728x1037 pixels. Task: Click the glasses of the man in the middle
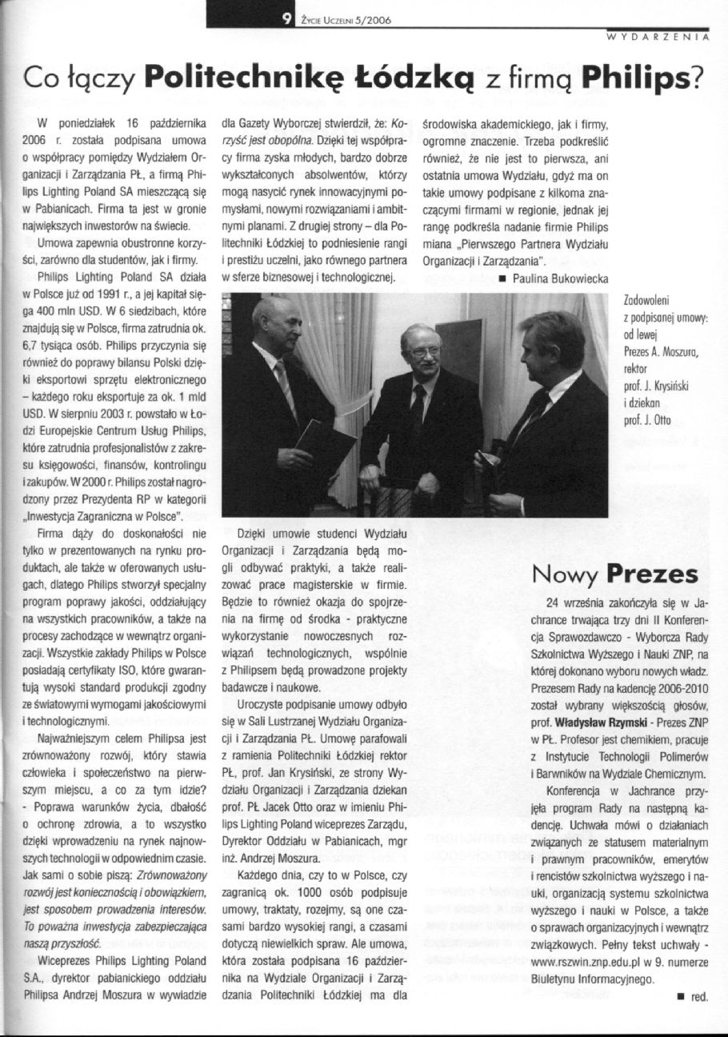point(422,350)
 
